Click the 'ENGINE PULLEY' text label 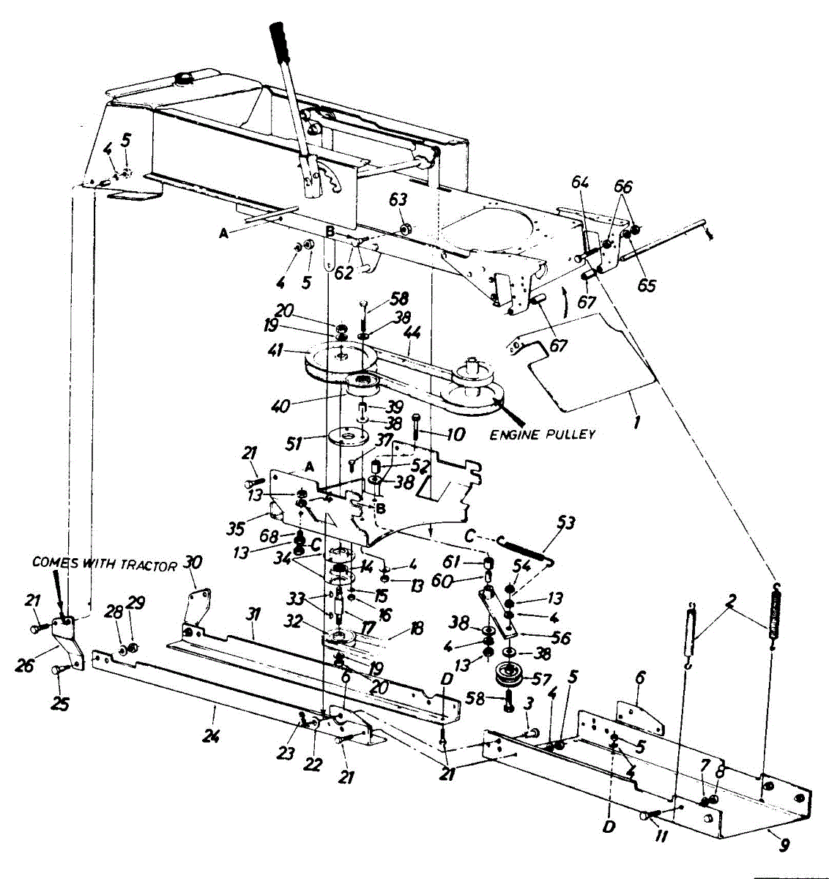[543, 434]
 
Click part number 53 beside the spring [565, 522]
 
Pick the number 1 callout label [637, 423]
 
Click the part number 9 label [784, 846]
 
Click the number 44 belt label [412, 333]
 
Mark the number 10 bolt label [455, 435]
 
